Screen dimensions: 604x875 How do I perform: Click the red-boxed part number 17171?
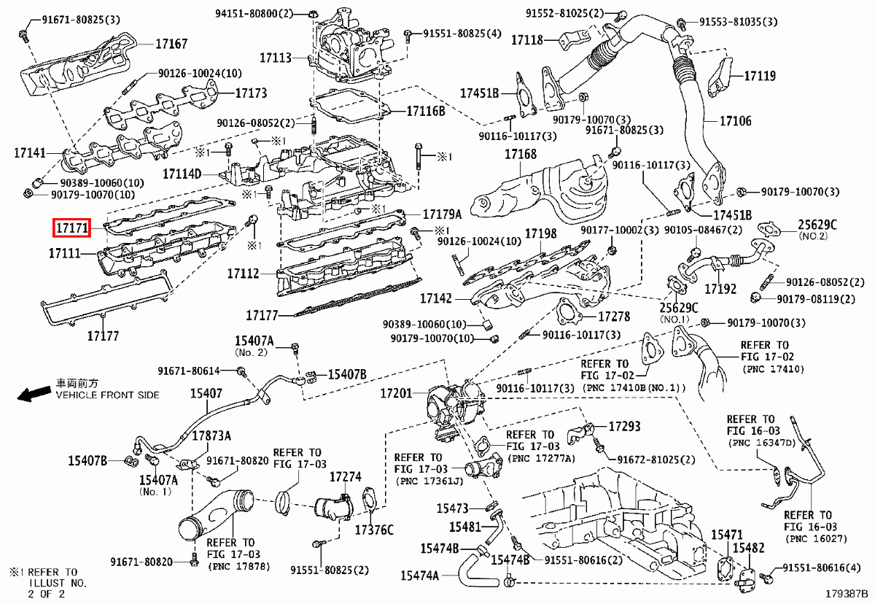click(x=71, y=228)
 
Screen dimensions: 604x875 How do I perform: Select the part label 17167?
click(x=171, y=44)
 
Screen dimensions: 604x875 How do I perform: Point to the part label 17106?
click(x=736, y=120)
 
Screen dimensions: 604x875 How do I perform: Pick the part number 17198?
click(x=541, y=234)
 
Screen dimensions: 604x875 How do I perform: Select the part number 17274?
click(x=345, y=477)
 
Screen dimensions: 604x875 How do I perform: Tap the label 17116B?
click(x=425, y=111)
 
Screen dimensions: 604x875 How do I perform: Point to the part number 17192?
click(x=720, y=289)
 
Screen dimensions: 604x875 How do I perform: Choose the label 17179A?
click(x=443, y=214)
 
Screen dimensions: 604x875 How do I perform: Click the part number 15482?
click(x=748, y=547)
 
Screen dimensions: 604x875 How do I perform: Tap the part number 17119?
click(x=760, y=75)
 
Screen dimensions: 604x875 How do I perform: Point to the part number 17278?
click(x=614, y=317)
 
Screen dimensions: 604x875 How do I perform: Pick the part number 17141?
click(x=30, y=153)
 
